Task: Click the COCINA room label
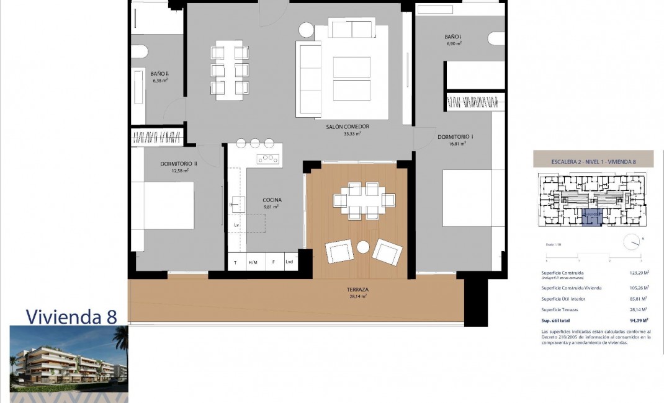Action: (x=272, y=200)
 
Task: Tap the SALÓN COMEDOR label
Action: (x=347, y=126)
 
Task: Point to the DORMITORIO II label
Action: (x=178, y=164)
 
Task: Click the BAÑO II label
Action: (x=159, y=74)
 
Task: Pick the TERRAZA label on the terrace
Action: (x=358, y=290)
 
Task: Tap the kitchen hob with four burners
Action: (x=268, y=159)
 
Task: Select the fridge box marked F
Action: (x=273, y=262)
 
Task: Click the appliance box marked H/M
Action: (x=253, y=262)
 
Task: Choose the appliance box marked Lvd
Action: (x=289, y=262)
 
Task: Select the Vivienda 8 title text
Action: (x=71, y=317)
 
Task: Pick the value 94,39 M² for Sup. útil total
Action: (x=637, y=321)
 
